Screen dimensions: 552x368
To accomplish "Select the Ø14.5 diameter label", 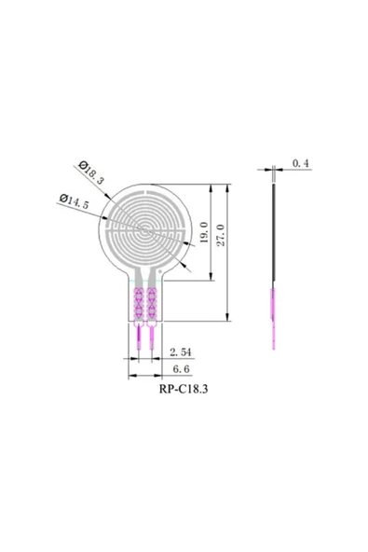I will coord(75,200).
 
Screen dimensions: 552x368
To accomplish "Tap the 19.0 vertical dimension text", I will coord(203,233).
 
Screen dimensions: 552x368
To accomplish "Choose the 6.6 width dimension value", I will coord(180,369).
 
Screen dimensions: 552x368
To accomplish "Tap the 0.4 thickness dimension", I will coord(301,163).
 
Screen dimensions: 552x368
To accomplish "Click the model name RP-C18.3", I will coord(183,392).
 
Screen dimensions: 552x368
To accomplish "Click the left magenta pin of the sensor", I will coord(139,335).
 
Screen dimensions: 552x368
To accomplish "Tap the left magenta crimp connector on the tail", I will coord(139,301).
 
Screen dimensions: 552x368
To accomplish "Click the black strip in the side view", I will coord(273,233).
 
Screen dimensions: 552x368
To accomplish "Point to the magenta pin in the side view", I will coord(273,317).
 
